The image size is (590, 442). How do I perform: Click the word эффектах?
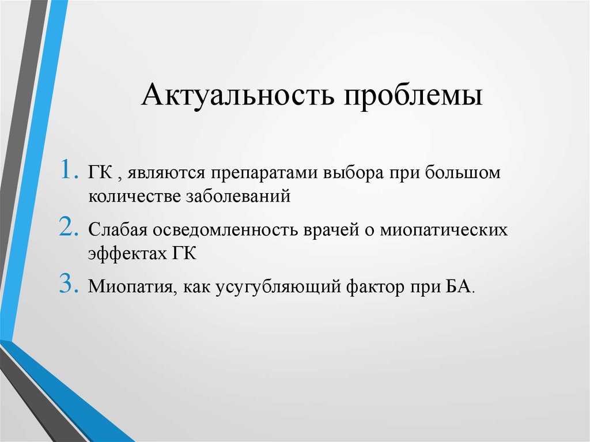pyautogui.click(x=124, y=254)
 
